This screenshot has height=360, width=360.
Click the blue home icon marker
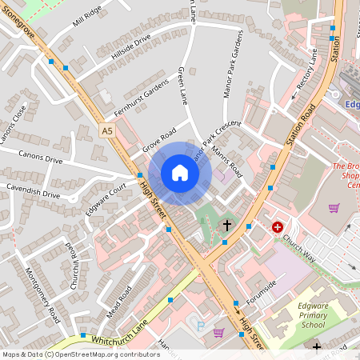180,173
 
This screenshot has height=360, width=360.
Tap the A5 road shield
108,130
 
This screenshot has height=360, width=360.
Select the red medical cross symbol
278,227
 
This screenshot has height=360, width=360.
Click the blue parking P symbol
200,325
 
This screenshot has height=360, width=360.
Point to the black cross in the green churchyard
227,226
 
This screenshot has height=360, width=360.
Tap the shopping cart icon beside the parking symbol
218,332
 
